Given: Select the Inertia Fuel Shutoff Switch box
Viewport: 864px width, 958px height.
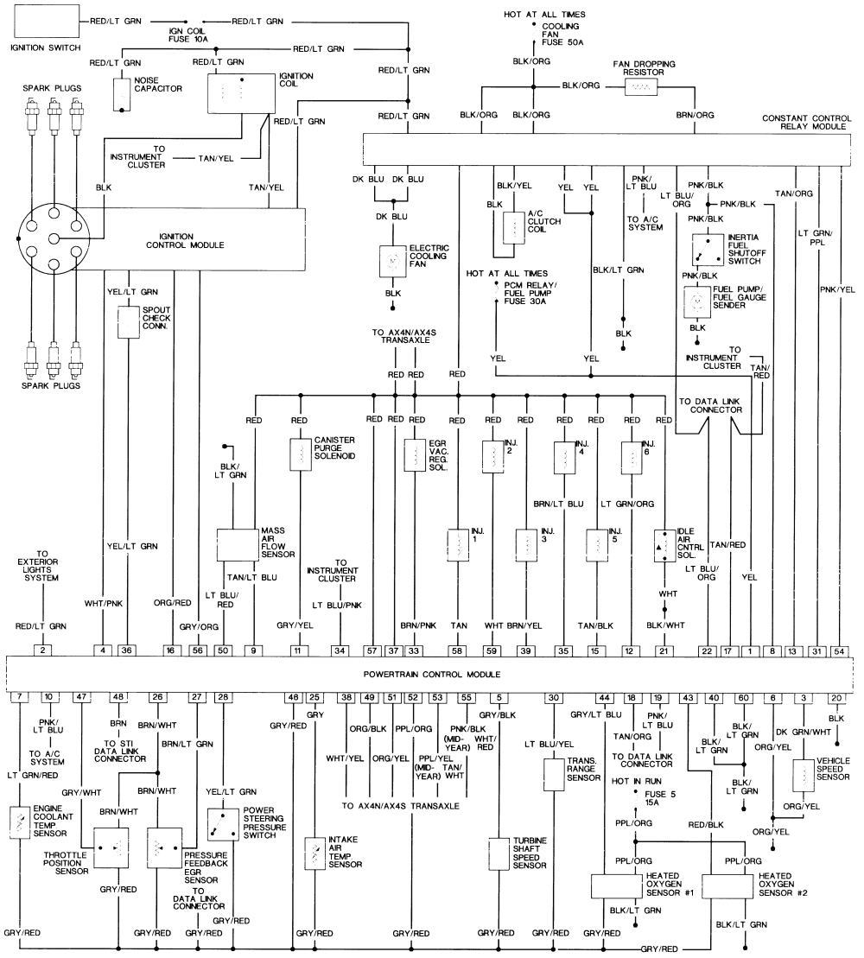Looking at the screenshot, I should tap(708, 250).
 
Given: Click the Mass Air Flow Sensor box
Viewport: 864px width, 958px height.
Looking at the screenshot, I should tap(238, 544).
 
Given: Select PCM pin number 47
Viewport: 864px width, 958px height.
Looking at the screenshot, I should tap(82, 695).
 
